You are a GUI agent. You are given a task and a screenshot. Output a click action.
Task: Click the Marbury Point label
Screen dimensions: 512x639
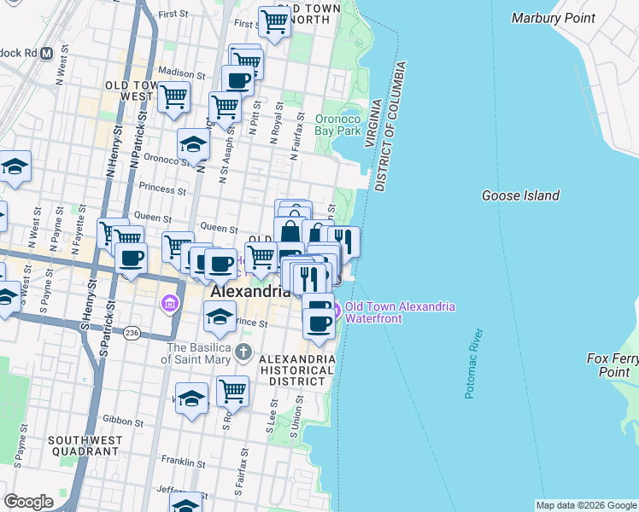point(552,18)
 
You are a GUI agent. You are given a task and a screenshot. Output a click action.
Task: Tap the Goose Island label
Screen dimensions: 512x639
point(520,195)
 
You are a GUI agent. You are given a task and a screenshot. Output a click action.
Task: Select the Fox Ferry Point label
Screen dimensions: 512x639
point(608,365)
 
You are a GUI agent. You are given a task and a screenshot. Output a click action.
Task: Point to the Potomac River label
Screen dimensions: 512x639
point(475,364)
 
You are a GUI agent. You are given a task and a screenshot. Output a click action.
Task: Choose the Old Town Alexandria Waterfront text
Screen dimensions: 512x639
point(400,313)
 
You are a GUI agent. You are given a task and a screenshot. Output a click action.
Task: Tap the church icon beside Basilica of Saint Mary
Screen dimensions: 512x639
point(243,352)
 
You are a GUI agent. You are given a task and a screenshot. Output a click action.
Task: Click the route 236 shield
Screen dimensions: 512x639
point(131,331)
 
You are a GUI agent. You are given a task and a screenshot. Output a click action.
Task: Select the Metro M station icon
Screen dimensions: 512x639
point(46,52)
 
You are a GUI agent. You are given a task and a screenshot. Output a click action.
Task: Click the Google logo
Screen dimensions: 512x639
point(28,501)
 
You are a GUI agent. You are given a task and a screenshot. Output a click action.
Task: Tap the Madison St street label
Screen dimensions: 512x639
point(181,73)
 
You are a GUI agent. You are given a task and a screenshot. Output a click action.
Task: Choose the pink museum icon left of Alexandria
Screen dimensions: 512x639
point(169,303)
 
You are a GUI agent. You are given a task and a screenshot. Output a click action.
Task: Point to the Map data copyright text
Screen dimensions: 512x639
point(586,505)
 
